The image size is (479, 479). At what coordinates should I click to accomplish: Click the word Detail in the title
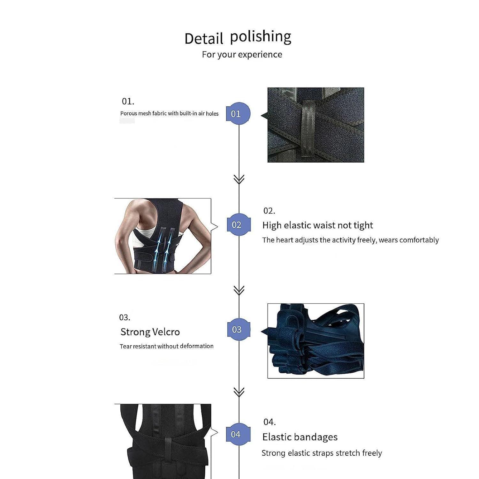(204, 39)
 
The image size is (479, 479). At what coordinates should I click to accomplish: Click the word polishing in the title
(261, 37)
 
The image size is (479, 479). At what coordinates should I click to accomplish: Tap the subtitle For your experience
(242, 55)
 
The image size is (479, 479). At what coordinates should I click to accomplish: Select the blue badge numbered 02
(238, 225)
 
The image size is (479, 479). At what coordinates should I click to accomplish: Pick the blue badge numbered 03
(238, 330)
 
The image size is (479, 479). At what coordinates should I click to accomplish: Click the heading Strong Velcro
(150, 332)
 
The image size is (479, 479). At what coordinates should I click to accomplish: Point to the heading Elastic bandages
(300, 437)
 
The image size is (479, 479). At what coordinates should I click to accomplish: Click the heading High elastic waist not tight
(317, 225)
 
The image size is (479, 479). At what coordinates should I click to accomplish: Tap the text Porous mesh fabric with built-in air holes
(169, 113)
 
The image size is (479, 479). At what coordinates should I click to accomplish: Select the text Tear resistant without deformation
(166, 346)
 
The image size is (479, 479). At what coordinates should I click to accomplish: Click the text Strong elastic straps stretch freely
(322, 453)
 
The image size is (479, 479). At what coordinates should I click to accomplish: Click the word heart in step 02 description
(284, 240)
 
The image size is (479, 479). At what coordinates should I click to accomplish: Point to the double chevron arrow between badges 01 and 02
(239, 179)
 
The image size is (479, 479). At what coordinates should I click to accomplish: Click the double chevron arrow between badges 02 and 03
(239, 290)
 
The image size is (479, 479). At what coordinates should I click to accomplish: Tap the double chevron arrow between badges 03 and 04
(239, 392)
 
